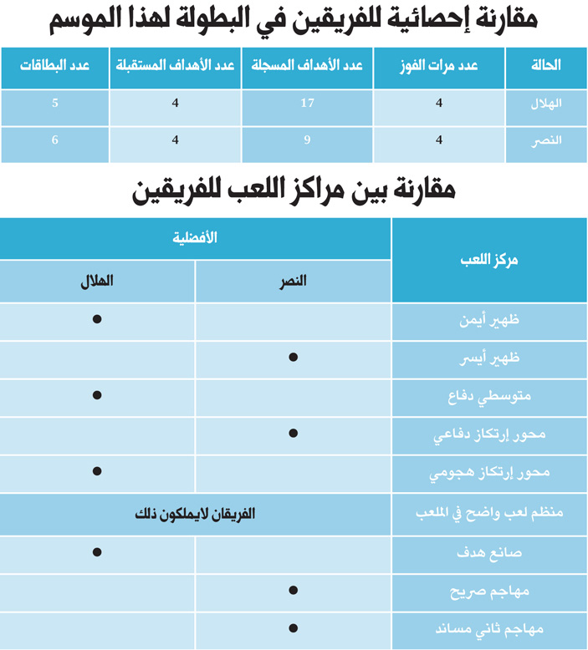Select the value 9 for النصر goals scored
307,140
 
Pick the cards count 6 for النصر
54,140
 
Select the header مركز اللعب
489,260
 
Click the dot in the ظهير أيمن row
97,319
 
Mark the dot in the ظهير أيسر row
293,358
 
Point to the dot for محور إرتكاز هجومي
97,472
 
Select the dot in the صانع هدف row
97,551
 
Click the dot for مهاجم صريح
293,590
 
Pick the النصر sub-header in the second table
293,282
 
